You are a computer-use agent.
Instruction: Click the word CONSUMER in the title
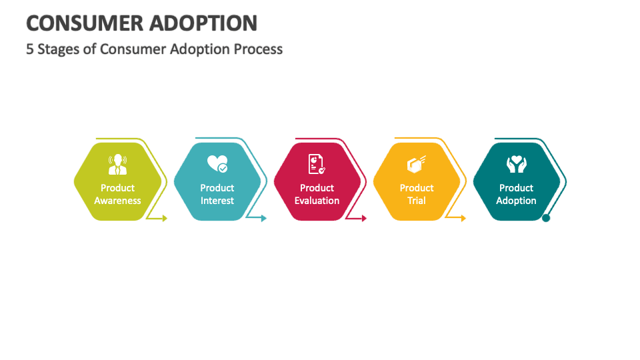pos(84,23)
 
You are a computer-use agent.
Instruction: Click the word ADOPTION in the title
pos(203,23)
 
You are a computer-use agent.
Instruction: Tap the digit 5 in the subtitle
pos(30,49)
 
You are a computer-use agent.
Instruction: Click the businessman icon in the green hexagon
pos(117,164)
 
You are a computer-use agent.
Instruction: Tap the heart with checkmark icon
pos(217,164)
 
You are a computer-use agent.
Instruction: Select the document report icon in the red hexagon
pos(317,164)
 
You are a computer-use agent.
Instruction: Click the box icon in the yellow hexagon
pos(416,164)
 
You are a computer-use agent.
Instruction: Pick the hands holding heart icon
pos(516,164)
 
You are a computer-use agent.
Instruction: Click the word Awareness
pos(117,201)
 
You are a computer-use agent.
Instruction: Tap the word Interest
pos(217,201)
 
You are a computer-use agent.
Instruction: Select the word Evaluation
pos(317,201)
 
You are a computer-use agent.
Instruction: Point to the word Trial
pos(416,201)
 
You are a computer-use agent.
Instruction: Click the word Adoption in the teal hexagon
pos(516,201)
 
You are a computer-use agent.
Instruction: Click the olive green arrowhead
pos(165,219)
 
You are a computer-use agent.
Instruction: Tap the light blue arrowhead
pos(264,219)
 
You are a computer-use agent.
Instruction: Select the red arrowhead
pos(364,219)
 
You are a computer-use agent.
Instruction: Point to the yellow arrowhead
pos(463,219)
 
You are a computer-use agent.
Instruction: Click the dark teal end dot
pos(546,218)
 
